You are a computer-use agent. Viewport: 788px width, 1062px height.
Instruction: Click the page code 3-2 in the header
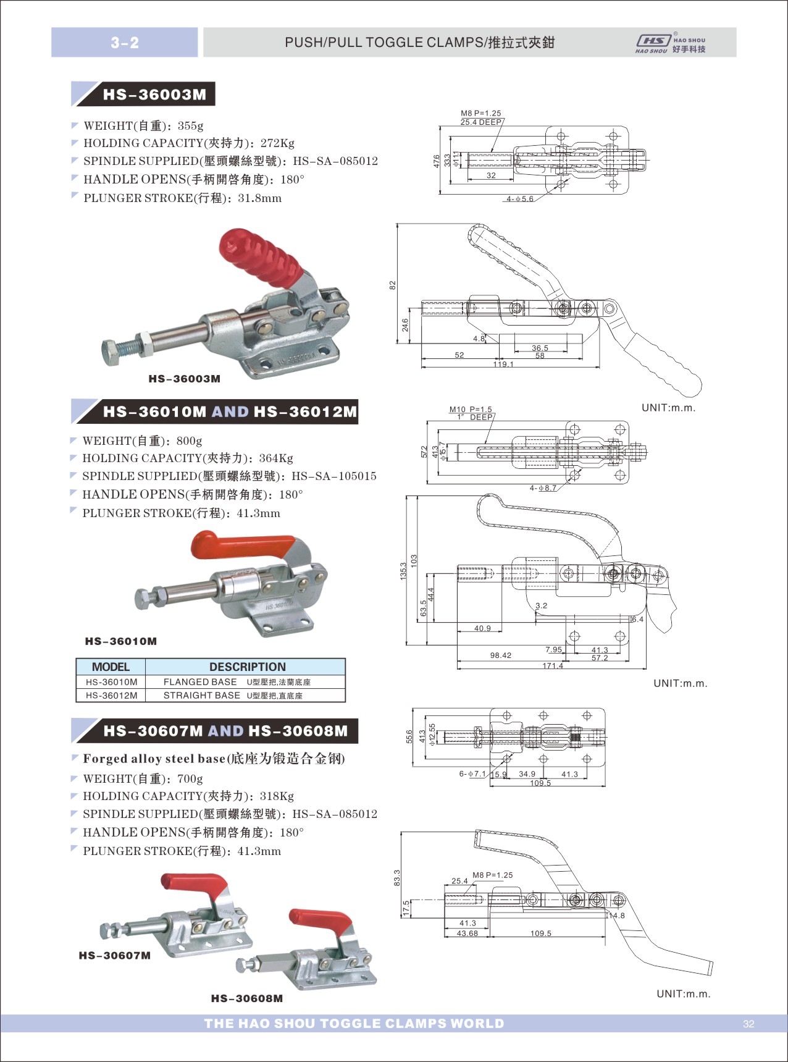125,43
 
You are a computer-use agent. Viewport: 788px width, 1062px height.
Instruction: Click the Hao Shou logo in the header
671,43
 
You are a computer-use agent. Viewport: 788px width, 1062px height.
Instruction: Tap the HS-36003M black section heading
154,95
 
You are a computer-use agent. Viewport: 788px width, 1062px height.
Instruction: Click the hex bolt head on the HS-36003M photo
112,352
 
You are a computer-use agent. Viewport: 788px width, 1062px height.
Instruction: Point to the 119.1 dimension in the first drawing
503,365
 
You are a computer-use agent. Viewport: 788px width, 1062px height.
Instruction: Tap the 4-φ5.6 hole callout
519,199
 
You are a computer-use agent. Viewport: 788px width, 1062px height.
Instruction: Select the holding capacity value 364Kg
276,458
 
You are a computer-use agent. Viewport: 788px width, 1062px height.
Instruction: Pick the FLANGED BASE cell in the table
200,682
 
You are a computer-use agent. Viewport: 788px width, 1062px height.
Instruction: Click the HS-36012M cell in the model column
111,696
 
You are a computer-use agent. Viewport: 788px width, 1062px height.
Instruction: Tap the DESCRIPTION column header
247,667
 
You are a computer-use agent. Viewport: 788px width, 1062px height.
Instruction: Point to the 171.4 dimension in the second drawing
553,666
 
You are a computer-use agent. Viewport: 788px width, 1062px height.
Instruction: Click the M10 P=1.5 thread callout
471,409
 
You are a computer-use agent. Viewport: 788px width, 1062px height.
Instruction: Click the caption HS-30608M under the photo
246,998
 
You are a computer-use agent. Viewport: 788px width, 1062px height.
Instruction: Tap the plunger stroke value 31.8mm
259,198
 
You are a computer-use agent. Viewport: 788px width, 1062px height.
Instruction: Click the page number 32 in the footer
748,1024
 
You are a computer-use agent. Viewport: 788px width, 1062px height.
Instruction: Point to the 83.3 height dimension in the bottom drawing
396,877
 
